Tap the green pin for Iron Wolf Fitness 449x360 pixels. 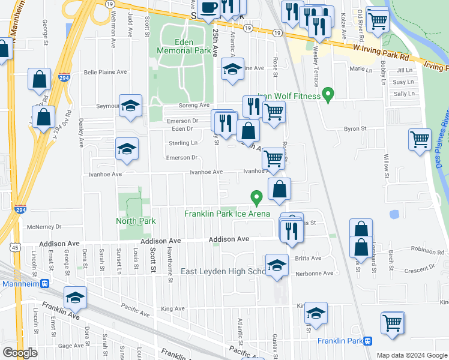pos(328,94)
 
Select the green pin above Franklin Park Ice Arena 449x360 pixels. pos(256,197)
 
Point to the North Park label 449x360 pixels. pos(136,221)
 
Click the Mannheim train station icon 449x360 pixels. pos(44,284)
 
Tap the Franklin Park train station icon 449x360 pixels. pos(368,341)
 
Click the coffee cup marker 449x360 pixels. pos(209,8)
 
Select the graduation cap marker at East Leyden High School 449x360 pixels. pos(276,265)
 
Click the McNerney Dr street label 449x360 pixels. pos(45,227)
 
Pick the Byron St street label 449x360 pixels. pos(355,128)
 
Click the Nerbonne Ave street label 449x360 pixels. pos(314,274)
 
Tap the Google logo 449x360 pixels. pos(20,353)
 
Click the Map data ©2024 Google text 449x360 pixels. pos(411,355)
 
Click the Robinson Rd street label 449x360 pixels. pos(428,248)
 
